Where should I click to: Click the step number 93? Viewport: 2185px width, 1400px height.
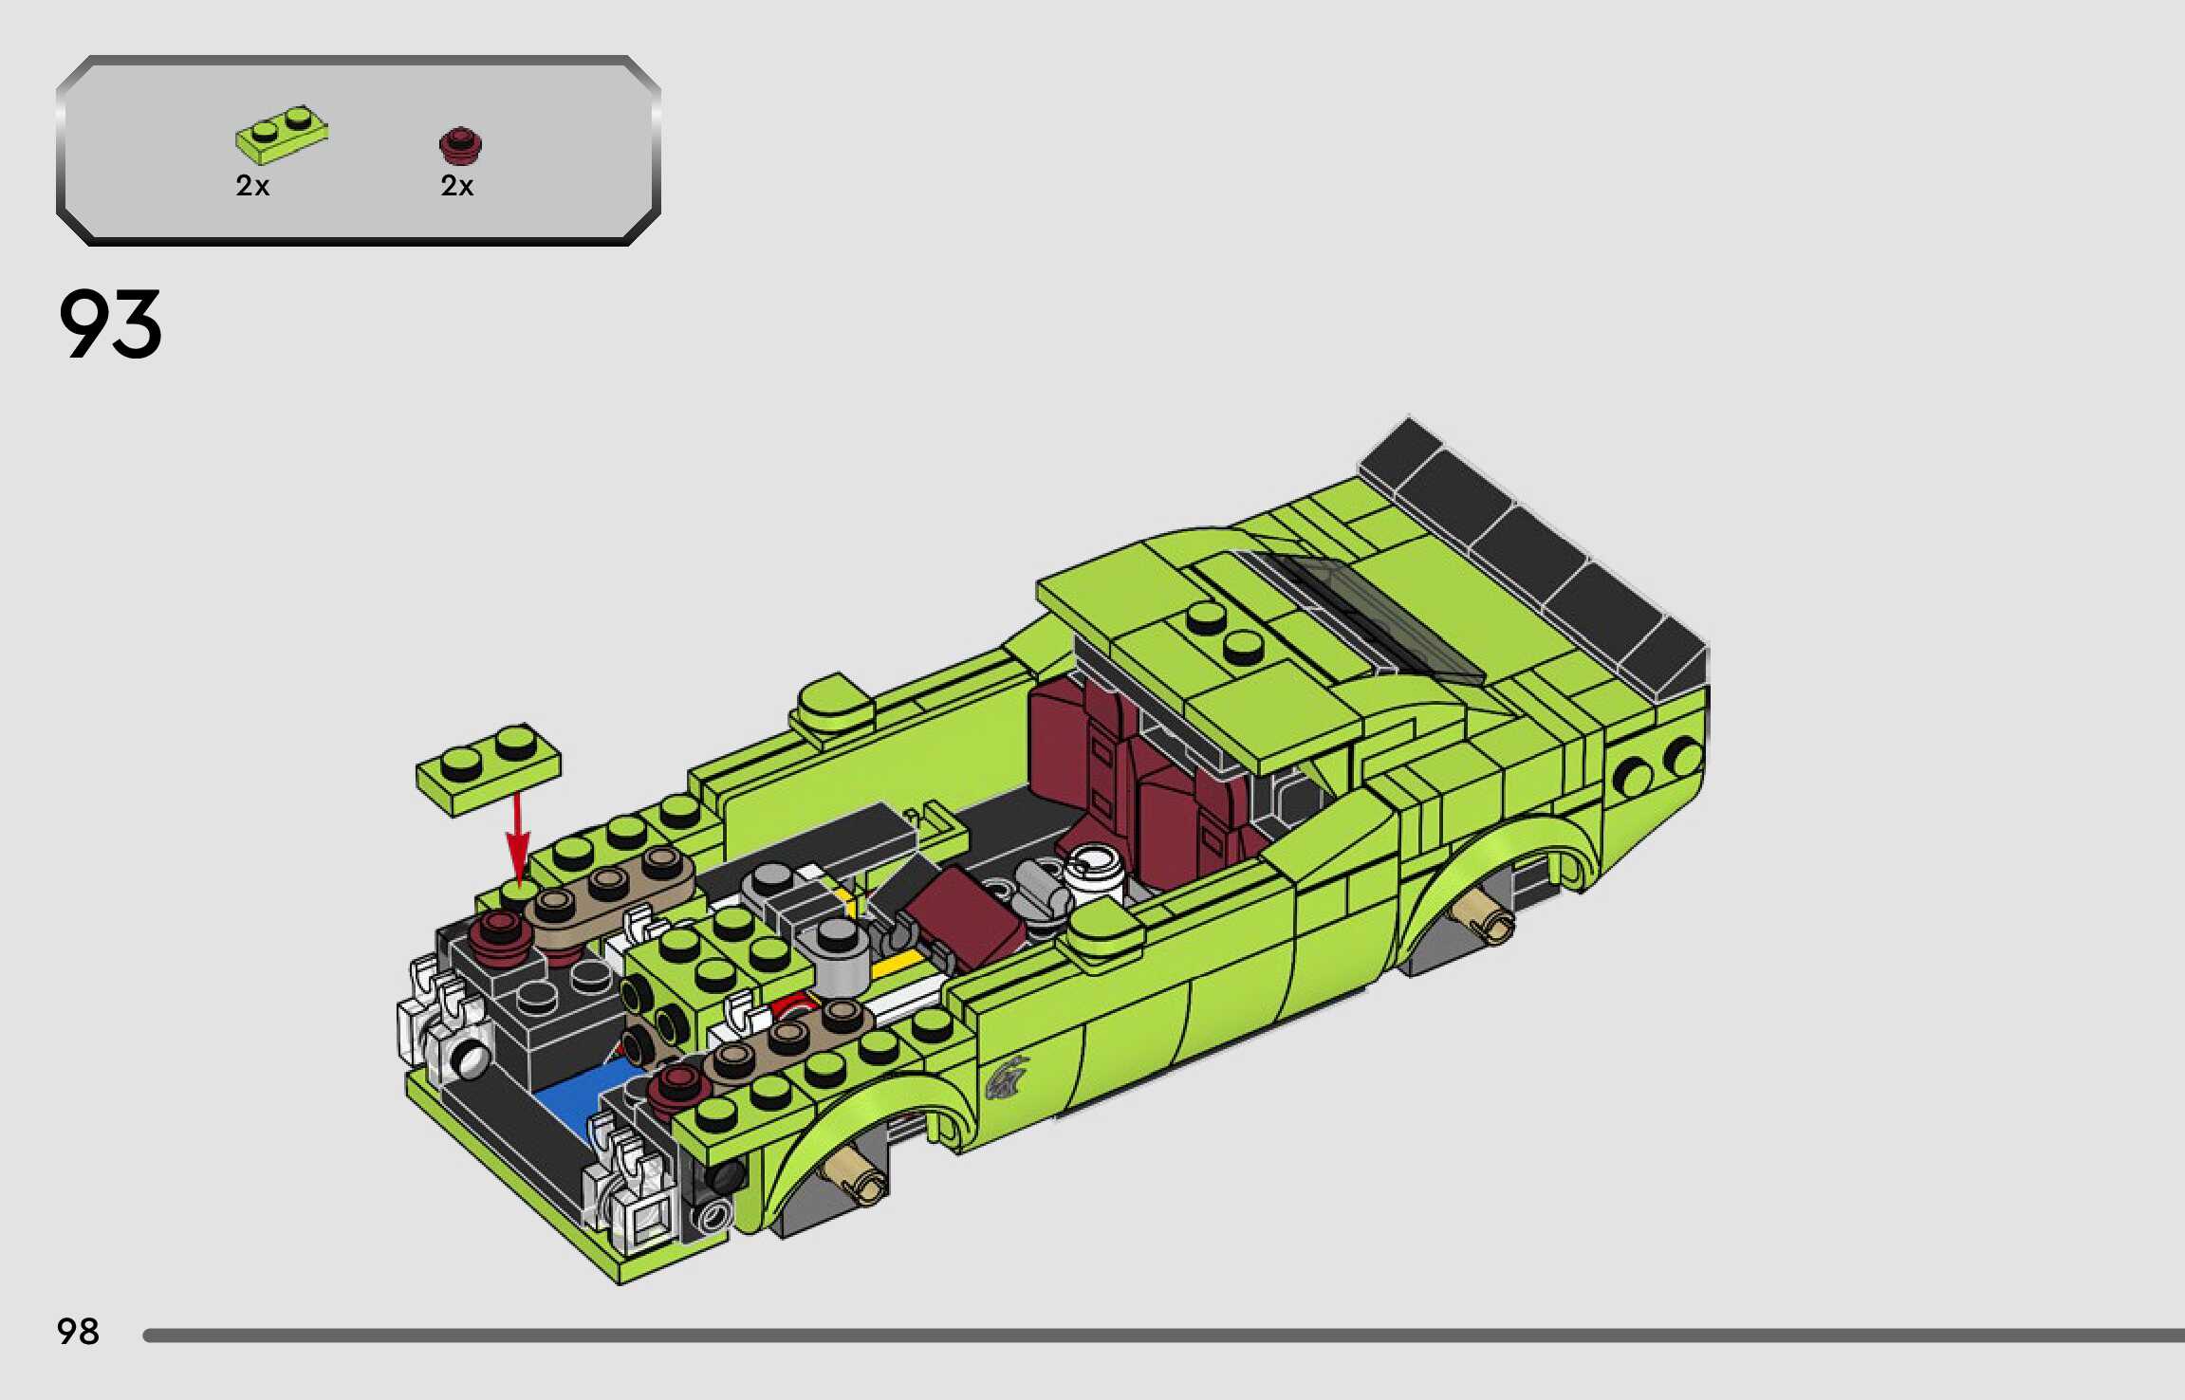click(110, 324)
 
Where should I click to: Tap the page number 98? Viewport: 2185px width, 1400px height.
click(78, 1332)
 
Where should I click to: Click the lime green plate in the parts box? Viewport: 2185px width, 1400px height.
click(282, 134)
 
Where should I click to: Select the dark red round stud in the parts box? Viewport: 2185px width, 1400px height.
click(461, 146)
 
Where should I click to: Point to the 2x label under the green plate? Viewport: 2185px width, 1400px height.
click(252, 186)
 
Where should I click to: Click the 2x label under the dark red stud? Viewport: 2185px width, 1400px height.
click(456, 186)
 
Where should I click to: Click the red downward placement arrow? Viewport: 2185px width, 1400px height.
click(517, 839)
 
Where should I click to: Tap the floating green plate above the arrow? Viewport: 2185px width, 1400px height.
click(489, 769)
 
